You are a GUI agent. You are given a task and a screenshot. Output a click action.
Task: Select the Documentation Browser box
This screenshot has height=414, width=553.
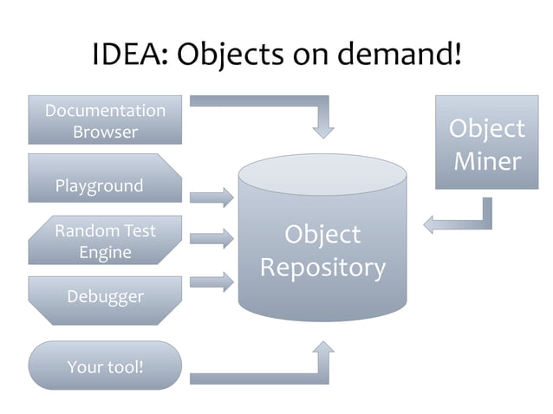click(105, 120)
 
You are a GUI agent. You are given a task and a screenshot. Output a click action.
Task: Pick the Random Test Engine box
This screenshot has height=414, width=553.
click(105, 241)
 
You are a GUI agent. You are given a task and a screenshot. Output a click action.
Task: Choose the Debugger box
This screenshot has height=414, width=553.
click(105, 299)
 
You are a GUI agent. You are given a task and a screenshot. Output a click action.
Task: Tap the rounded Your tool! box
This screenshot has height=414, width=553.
click(105, 365)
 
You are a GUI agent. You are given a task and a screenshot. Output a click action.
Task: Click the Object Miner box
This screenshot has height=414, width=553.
click(485, 144)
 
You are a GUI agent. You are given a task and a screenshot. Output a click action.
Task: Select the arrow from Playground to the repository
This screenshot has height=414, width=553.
click(212, 197)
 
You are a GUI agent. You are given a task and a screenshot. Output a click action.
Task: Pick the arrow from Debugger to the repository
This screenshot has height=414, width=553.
click(212, 281)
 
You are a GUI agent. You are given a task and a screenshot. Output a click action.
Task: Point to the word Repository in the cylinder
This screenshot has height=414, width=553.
click(322, 268)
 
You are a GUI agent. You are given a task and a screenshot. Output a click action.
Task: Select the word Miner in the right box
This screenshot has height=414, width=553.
click(485, 161)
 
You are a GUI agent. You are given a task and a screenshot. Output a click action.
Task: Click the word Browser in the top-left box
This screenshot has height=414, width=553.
click(105, 133)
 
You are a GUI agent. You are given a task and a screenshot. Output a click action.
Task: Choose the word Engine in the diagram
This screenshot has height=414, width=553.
click(105, 252)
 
